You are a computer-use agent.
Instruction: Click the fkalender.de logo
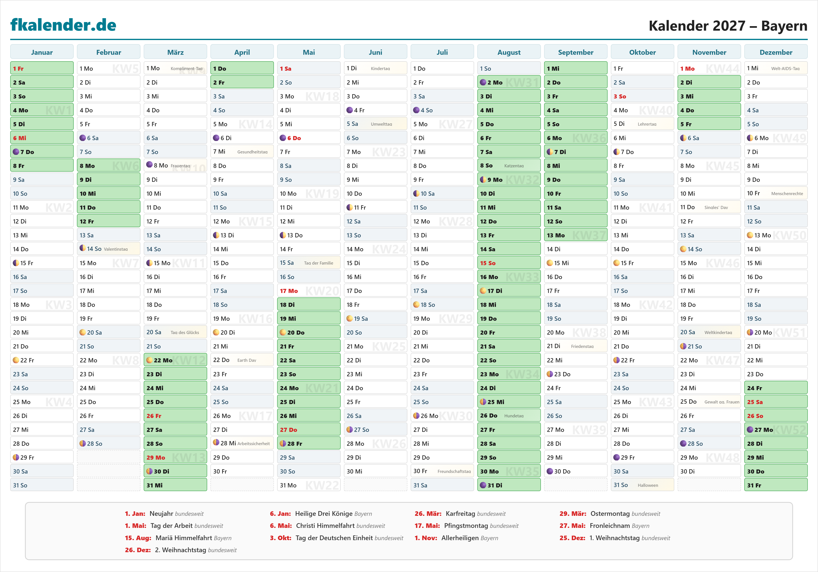tap(63, 25)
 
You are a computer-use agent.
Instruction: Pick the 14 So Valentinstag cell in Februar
tap(108, 249)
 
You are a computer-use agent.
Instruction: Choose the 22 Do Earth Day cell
tap(242, 360)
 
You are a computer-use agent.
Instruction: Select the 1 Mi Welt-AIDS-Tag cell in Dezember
tap(776, 68)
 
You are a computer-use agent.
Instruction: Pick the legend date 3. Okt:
tap(280, 538)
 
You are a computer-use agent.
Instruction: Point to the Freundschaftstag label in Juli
tap(454, 471)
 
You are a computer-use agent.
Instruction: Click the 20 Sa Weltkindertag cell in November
tap(709, 332)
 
